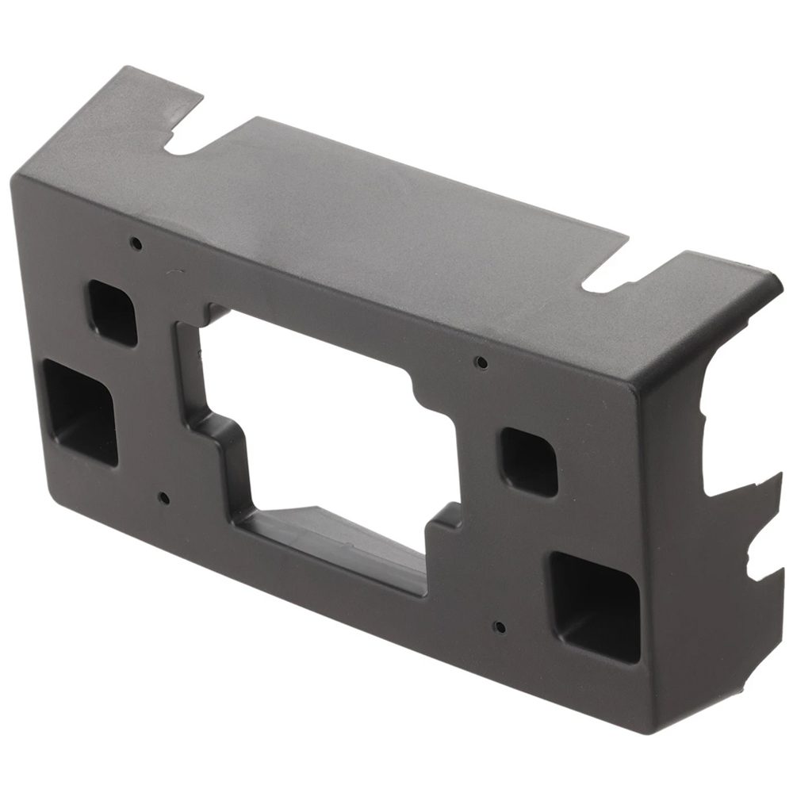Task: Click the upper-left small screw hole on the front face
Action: tap(136, 243)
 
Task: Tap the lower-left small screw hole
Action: tap(163, 499)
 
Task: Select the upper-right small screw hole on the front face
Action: tap(480, 362)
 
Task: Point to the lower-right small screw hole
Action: tap(499, 627)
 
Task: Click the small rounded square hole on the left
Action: tap(112, 312)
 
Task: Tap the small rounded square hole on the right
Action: tap(529, 462)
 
